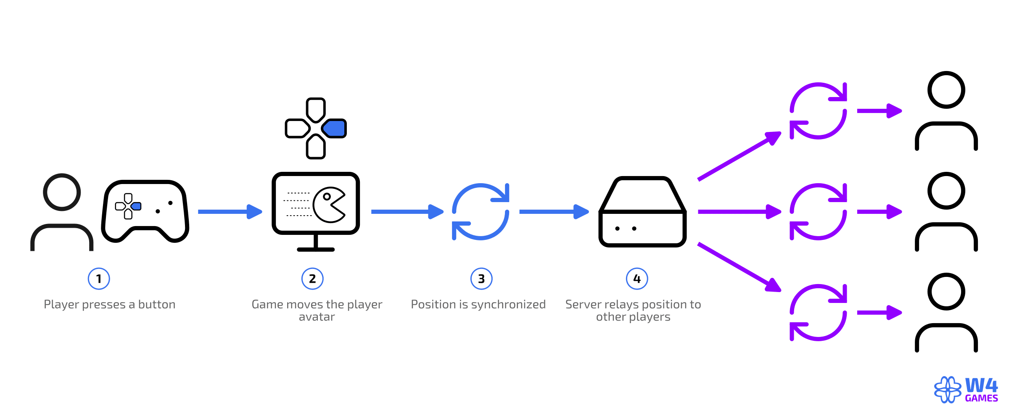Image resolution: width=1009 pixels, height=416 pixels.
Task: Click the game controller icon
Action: coord(145,211)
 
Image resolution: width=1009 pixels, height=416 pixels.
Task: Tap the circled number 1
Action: coord(99,279)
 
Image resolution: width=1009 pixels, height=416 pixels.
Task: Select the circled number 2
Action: coord(312,279)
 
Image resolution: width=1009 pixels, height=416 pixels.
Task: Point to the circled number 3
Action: coord(481,279)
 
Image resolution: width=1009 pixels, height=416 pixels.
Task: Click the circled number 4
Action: coord(637,279)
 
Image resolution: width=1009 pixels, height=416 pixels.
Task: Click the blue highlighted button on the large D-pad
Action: coord(335,128)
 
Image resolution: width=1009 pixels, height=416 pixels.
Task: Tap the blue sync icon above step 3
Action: coord(481,211)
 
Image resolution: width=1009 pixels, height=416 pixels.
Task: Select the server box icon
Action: coord(642,211)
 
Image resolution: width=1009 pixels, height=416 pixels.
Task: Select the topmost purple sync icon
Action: coord(818,111)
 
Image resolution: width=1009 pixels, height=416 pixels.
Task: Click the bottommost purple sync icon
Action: coord(818,312)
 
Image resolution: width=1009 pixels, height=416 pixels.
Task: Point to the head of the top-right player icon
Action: coord(946,90)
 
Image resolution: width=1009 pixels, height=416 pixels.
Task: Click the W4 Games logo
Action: coord(966,390)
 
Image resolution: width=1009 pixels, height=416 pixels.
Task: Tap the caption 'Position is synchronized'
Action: coord(478,304)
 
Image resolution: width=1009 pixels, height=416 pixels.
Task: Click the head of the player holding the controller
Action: coord(62,192)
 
